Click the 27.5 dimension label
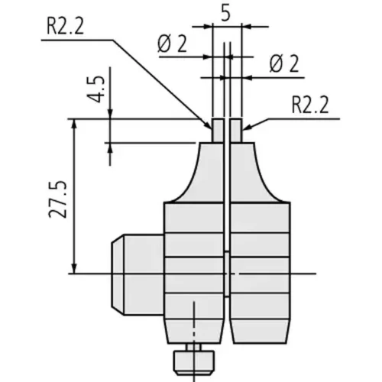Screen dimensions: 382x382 tap(58, 199)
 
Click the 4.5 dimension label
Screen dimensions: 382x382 tap(96, 89)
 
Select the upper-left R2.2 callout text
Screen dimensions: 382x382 tap(65, 27)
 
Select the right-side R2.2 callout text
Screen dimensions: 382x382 tap(310, 105)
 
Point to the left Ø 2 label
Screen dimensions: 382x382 tap(172, 44)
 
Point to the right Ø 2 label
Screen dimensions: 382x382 tap(284, 63)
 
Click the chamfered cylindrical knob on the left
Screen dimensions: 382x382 tap(138, 274)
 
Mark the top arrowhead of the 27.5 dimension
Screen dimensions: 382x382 tap(74, 124)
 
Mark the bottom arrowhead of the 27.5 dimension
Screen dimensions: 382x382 tap(74, 269)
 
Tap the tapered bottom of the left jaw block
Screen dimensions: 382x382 tap(195, 331)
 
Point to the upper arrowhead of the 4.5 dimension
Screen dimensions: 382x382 tap(110, 114)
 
